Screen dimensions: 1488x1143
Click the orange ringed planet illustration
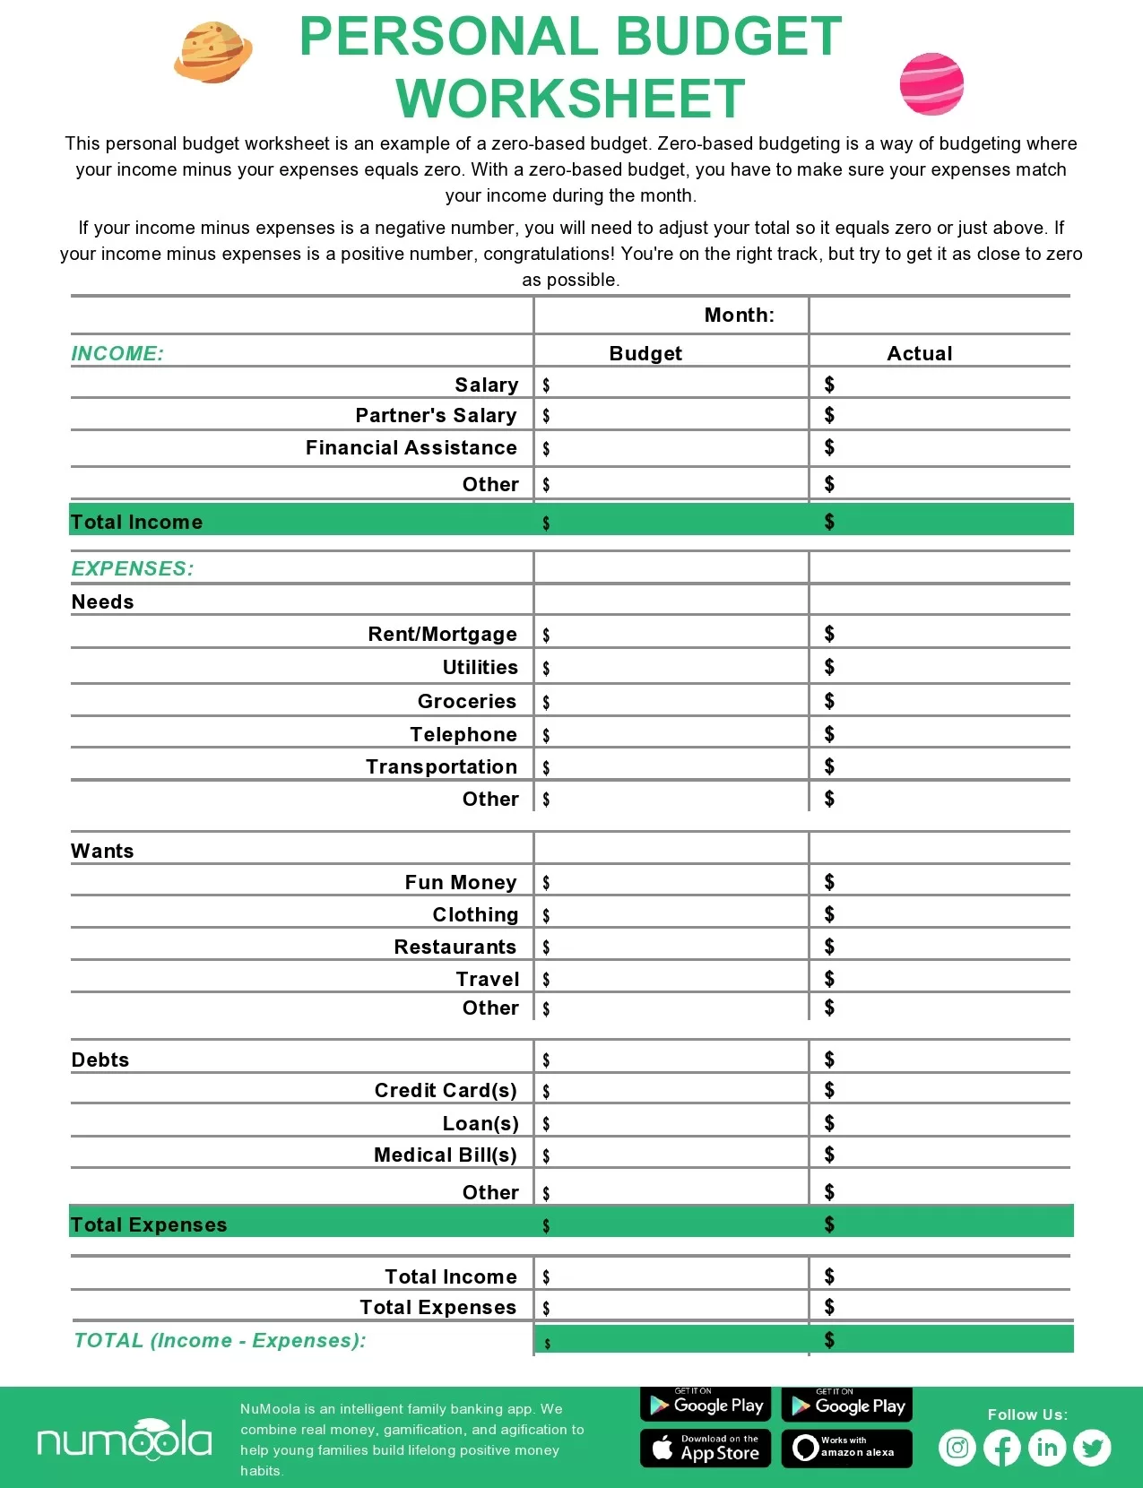click(x=212, y=53)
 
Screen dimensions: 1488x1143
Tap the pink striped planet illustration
click(x=931, y=84)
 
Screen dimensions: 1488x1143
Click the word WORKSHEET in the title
click(x=570, y=99)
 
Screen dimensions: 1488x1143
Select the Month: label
click(x=739, y=316)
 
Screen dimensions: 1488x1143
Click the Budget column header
click(x=645, y=353)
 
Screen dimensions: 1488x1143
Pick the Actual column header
click(x=919, y=353)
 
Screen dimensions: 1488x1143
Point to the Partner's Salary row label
click(x=436, y=415)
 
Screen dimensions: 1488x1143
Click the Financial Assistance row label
click(x=411, y=447)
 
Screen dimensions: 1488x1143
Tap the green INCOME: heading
click(x=117, y=353)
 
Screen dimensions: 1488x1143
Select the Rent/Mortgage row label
click(x=442, y=635)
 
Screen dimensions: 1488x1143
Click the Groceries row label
click(x=466, y=701)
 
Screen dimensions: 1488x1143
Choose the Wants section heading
click(x=102, y=851)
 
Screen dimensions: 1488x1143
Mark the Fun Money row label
click(x=460, y=882)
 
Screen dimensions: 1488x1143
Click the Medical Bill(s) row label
click(x=445, y=1155)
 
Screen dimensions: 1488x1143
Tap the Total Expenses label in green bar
click(x=149, y=1224)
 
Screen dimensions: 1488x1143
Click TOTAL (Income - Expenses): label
click(x=220, y=1340)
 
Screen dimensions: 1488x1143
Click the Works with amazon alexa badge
click(x=846, y=1448)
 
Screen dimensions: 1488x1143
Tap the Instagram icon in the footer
click(x=957, y=1448)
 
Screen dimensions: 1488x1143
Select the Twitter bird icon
click(x=1092, y=1448)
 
